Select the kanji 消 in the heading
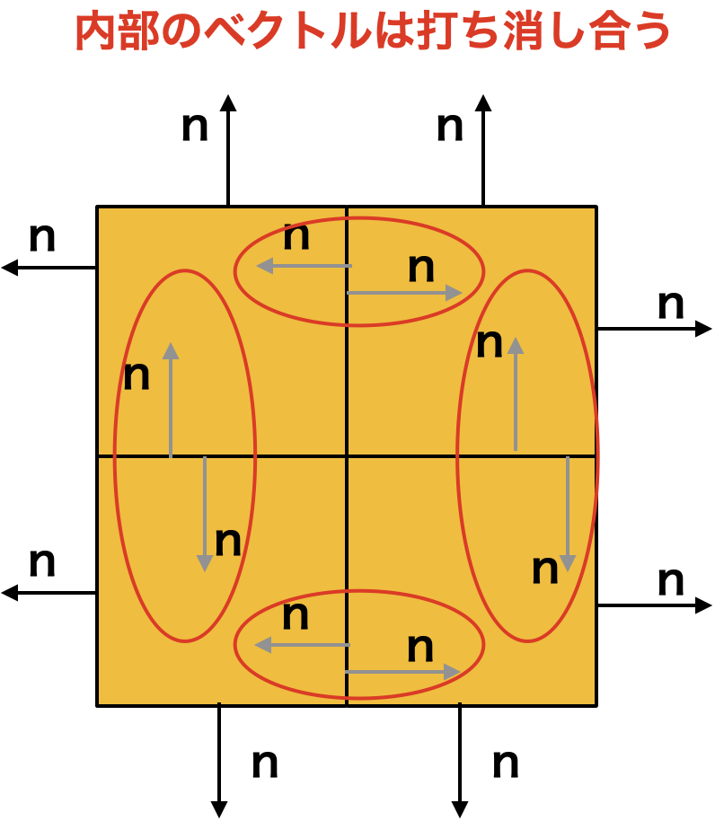coord(524,31)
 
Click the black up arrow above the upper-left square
coord(228,150)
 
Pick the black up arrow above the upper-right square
coord(483,150)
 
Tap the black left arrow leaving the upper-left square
coord(49,268)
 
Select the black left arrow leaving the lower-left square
coord(49,593)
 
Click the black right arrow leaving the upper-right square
coord(654,329)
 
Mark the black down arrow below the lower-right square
coord(460,760)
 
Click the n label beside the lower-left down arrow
coord(265,764)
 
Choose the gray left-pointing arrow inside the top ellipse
coord(305,266)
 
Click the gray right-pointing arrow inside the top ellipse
coord(404,293)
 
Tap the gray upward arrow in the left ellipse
coord(171,400)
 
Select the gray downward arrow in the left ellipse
coord(204,514)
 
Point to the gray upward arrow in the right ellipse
coord(516,393)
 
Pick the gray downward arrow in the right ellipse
coord(568,514)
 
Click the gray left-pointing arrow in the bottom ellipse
coord(302,645)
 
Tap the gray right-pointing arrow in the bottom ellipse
coord(402,671)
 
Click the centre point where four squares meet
coord(347,456)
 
